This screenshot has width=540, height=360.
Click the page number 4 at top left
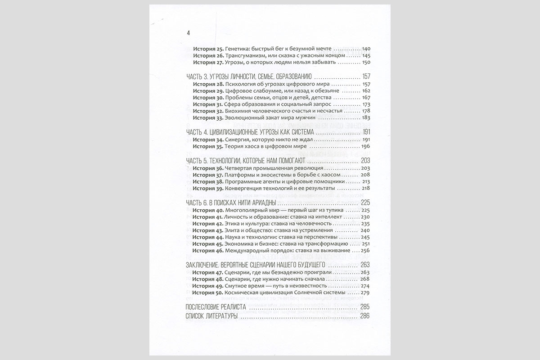point(189,33)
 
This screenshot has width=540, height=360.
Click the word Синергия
point(237,139)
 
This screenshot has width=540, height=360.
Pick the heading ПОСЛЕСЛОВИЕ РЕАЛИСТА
point(215,307)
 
